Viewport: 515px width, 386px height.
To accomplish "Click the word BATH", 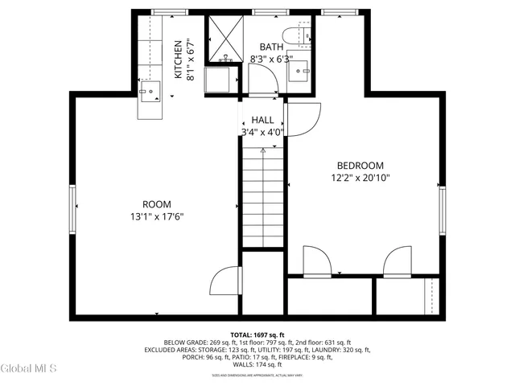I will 270,47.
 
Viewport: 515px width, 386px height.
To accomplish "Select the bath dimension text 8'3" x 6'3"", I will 270,59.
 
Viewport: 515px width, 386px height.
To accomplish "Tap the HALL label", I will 262,120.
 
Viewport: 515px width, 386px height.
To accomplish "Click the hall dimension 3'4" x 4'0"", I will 262,132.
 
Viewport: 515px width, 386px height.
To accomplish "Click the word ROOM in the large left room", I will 157,204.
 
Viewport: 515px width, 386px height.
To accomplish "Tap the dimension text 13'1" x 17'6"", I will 157,216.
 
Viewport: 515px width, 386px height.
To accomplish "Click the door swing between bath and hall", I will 262,80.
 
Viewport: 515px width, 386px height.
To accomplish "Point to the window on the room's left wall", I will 72,209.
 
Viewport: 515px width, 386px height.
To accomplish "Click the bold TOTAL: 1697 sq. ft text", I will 257,335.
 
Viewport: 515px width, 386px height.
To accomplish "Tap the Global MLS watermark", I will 29,369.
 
